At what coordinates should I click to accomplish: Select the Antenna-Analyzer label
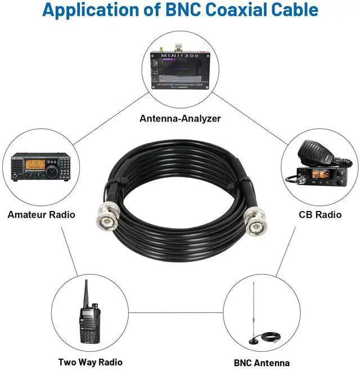coord(180,119)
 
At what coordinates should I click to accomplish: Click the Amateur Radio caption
coord(41,214)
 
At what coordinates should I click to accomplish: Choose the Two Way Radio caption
coord(90,362)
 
